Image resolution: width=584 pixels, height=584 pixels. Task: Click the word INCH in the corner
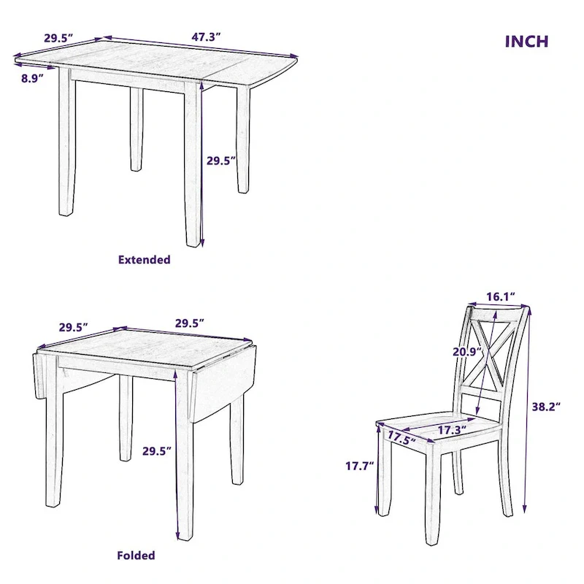[x=526, y=41]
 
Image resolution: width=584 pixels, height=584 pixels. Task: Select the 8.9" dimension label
[x=31, y=77]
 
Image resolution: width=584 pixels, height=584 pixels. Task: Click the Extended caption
[x=144, y=259]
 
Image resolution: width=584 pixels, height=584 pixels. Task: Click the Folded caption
[x=136, y=556]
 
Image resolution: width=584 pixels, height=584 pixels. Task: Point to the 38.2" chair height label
[x=545, y=407]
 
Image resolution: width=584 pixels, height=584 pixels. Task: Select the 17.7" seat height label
[x=359, y=464]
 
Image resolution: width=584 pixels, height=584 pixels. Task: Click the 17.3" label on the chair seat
[x=451, y=430]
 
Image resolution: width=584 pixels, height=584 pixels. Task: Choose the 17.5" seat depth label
[x=401, y=438]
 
